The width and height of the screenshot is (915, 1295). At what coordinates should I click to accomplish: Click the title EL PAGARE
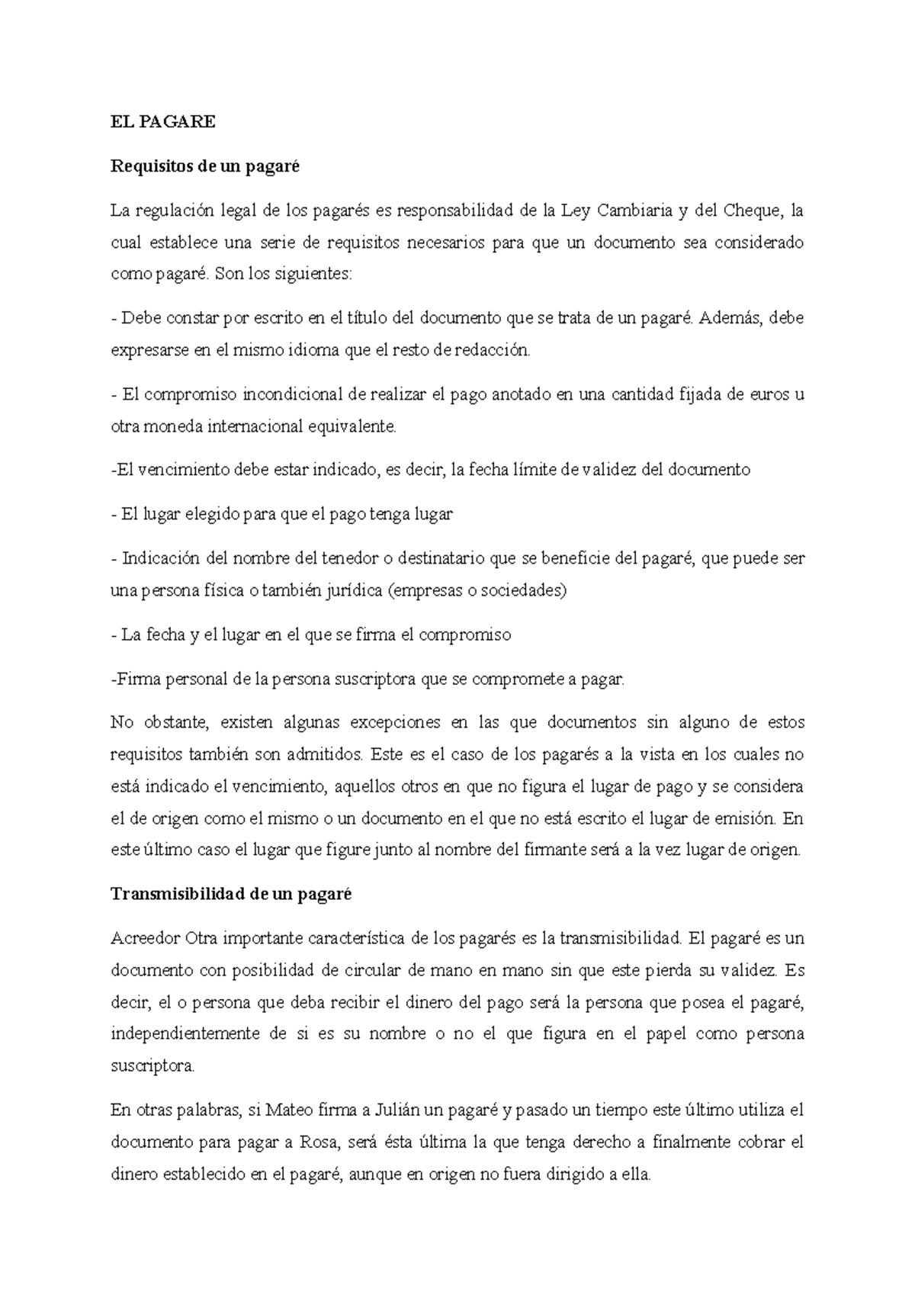coord(162,122)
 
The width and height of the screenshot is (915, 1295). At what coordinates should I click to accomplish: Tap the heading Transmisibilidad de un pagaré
coord(231,895)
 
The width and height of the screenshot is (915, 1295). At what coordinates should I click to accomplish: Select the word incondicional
coord(293,394)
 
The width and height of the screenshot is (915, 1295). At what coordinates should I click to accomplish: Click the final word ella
coord(636,1175)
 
